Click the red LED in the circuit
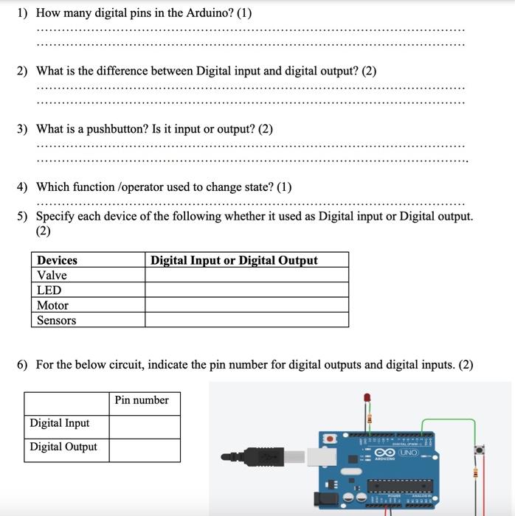coord(367,400)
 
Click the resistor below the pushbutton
coord(476,473)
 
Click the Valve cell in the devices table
coord(52,275)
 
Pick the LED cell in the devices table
coord(49,290)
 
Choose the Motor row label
coord(52,305)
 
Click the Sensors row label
coord(56,321)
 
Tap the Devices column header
coord(57,260)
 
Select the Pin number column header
coord(142,400)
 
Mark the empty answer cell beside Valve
coord(246,275)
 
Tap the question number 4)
coord(23,187)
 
